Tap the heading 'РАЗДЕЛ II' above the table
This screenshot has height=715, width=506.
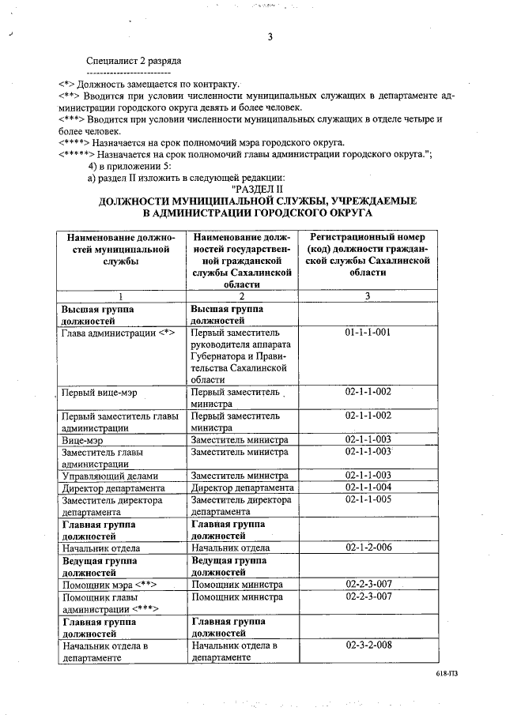coord(257,190)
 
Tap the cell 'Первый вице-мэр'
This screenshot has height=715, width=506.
coord(100,392)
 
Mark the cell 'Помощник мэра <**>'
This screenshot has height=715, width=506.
coord(108,585)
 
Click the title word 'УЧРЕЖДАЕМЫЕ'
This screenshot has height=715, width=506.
coord(374,201)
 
